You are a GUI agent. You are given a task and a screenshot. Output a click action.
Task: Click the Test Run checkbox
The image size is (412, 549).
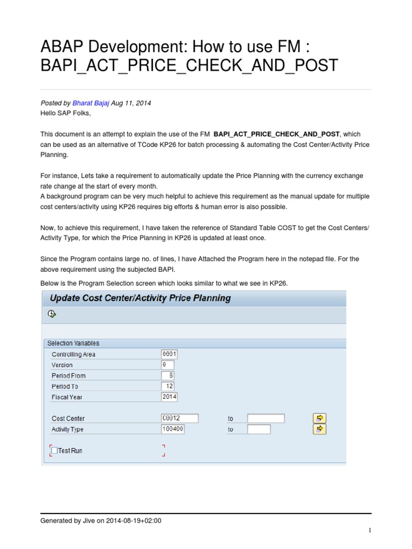54,451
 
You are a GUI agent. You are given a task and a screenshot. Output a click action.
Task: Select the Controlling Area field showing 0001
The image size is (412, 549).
169,354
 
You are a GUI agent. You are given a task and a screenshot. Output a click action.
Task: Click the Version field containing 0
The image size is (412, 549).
167,365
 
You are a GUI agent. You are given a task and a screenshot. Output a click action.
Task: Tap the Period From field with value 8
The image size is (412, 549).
167,376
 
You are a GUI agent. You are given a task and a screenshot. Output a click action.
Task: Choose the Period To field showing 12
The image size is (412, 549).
167,387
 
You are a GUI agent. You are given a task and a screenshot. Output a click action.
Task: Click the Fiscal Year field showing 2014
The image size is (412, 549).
169,397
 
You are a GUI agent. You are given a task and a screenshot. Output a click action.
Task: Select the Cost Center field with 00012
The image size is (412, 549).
180,419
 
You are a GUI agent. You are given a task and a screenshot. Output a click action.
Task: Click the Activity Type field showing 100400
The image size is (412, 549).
173,429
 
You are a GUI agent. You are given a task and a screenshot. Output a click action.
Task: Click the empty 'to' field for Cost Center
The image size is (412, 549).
266,419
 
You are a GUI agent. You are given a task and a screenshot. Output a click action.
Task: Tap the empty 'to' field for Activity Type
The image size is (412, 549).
259,429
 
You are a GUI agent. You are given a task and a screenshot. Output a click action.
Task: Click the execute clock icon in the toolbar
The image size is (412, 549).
51,314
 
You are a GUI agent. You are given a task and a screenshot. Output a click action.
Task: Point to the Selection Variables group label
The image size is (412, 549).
73,343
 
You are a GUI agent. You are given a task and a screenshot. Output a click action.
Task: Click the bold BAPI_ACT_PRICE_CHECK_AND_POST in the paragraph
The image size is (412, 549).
276,134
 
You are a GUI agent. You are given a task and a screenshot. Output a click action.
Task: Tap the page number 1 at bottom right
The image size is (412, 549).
370,530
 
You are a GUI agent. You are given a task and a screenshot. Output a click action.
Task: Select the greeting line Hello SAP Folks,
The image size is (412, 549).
65,113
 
